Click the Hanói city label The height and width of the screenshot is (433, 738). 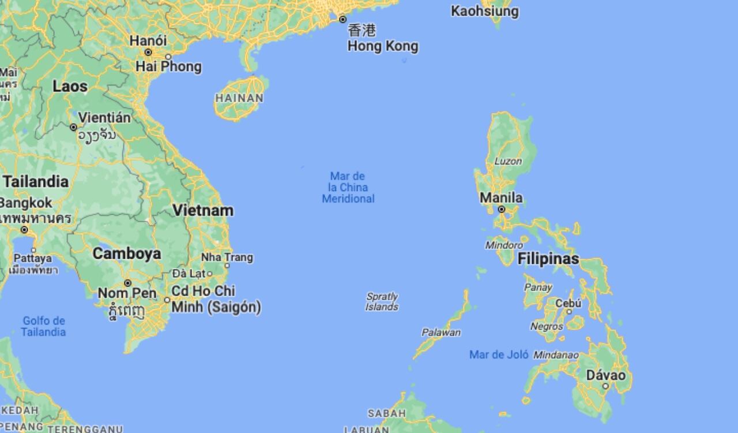pos(148,41)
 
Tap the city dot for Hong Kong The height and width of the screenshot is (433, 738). pos(342,20)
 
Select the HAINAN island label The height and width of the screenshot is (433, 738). pos(239,98)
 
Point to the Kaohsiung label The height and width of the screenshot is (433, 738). pos(484,11)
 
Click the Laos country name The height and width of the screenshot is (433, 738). pos(70,87)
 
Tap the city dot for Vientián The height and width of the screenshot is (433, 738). pos(73,127)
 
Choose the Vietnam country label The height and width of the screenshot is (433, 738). pos(203,210)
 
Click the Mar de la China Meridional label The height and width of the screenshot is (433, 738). pos(348,187)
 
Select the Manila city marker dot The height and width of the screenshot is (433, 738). pos(502,209)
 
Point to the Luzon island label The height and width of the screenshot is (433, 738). pos(507,161)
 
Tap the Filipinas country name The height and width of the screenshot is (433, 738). pos(548,259)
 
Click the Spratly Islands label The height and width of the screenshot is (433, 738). pos(382,301)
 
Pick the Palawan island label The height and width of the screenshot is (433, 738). pos(441,333)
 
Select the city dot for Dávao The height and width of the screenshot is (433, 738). pos(605,386)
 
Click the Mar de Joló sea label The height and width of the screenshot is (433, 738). pos(499,354)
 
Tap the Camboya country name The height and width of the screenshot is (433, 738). pos(127,253)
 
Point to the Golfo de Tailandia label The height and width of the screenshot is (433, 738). pos(44,326)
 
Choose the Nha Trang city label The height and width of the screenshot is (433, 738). pos(227,257)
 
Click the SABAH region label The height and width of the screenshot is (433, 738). pos(386,413)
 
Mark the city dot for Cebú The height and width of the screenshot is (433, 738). pos(569,312)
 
